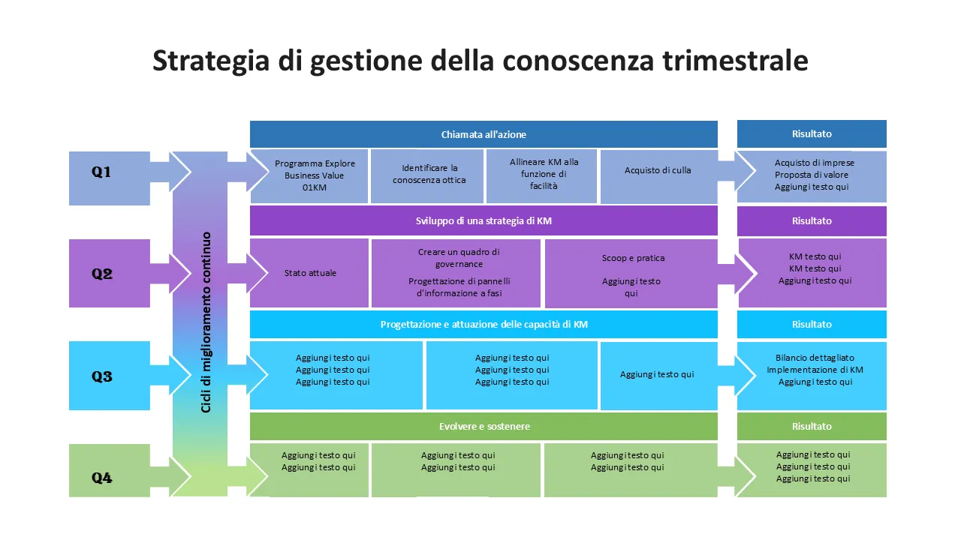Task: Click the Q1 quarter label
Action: click(x=101, y=172)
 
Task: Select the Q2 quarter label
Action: click(x=102, y=274)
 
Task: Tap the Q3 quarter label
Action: click(x=102, y=376)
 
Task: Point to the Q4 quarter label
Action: click(x=102, y=478)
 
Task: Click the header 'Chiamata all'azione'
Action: click(x=484, y=134)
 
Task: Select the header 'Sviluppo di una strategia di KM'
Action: click(x=484, y=221)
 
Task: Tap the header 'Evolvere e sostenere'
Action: click(x=484, y=427)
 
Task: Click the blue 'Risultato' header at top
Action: click(x=812, y=133)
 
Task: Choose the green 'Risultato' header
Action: click(x=812, y=426)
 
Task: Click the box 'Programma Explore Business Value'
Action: click(x=315, y=175)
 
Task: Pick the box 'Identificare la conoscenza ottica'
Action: click(x=429, y=174)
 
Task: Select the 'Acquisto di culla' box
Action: click(x=658, y=170)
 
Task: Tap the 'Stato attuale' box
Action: click(x=310, y=273)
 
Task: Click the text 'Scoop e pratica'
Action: click(x=633, y=258)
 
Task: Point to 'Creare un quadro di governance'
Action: click(x=459, y=258)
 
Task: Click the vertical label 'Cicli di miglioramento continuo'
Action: click(x=206, y=322)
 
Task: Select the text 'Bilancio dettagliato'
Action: click(x=815, y=358)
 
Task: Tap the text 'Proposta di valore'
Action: click(x=812, y=175)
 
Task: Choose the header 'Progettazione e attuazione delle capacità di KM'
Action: click(x=484, y=325)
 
